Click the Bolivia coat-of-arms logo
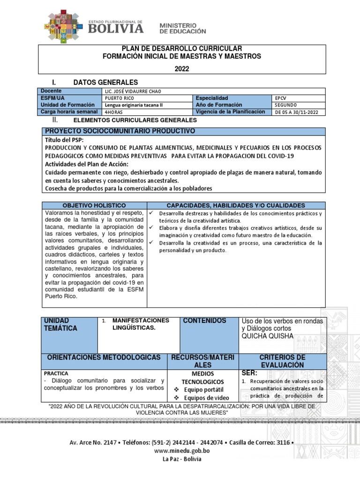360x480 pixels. (64, 26)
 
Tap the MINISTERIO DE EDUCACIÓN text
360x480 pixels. (183, 28)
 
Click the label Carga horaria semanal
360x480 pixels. (69, 112)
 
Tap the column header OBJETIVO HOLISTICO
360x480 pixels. (94, 205)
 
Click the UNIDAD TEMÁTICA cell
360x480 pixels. (60, 324)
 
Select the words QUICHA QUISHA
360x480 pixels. (268, 337)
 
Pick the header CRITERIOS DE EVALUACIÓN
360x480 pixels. (282, 361)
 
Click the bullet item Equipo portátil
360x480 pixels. (203, 390)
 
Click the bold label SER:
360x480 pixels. (250, 373)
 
